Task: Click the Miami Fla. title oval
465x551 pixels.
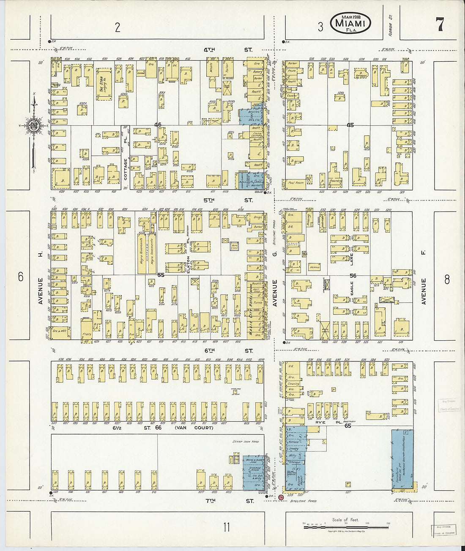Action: (x=350, y=23)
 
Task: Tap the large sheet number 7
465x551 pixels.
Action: (x=440, y=25)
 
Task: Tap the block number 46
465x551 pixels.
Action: (x=158, y=125)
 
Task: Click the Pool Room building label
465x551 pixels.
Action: (x=297, y=183)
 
